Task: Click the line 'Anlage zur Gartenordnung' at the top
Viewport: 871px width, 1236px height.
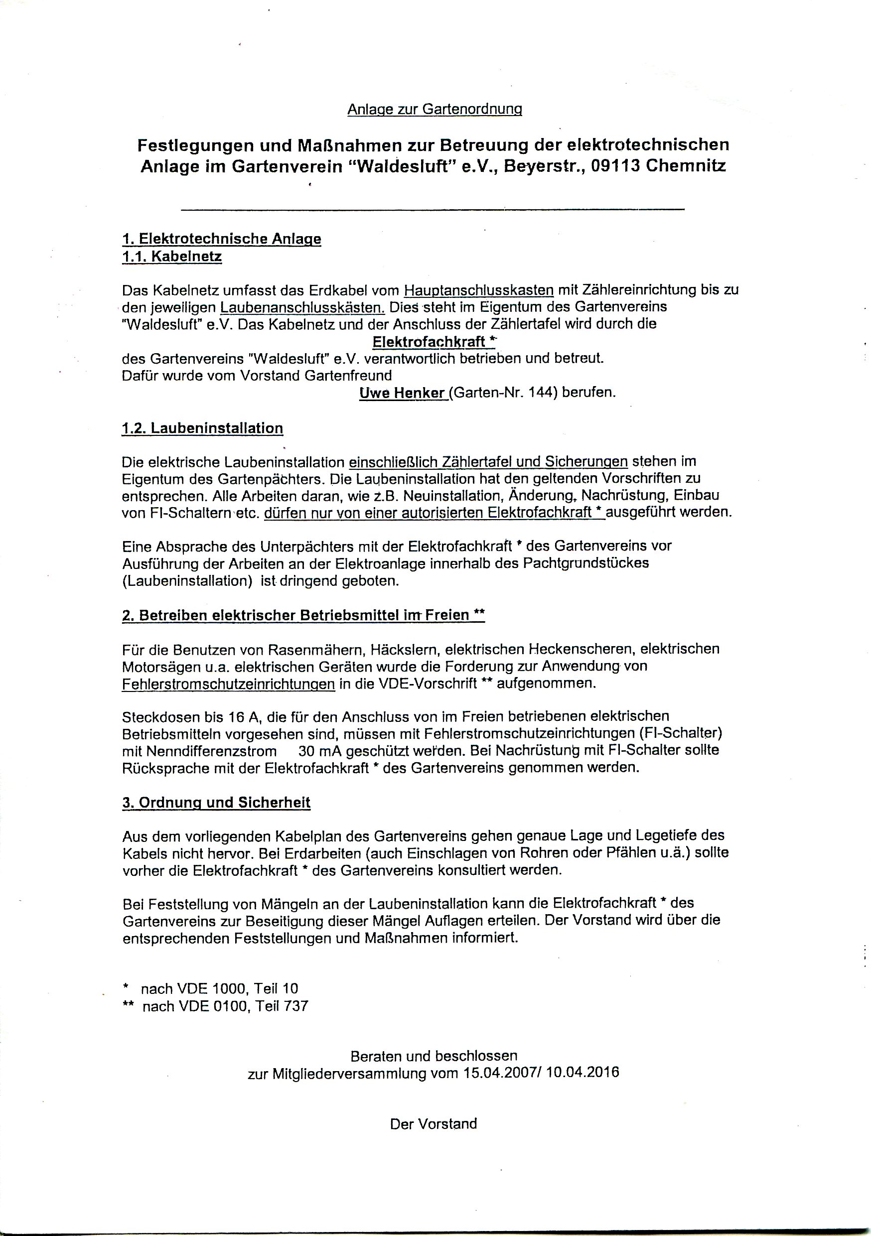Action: tap(435, 109)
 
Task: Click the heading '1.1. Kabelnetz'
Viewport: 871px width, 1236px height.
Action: tap(172, 257)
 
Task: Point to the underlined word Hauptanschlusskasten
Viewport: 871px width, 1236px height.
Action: tap(478, 290)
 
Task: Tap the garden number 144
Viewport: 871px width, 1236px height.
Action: tap(543, 393)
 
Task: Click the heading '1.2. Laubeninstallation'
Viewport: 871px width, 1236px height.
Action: tap(202, 428)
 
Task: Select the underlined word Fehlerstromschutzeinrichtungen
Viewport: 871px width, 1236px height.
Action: tap(228, 684)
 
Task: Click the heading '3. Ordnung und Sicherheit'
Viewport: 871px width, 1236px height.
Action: tap(216, 803)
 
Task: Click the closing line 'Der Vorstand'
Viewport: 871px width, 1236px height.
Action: tap(434, 1124)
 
